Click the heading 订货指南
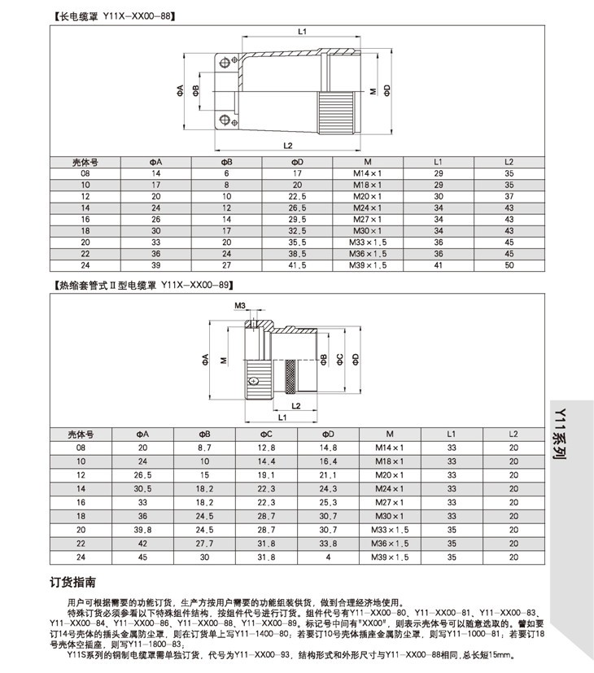pyautogui.click(x=74, y=583)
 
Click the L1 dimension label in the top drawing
pyautogui.click(x=301, y=32)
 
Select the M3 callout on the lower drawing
pyautogui.click(x=240, y=305)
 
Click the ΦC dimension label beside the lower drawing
pyautogui.click(x=339, y=359)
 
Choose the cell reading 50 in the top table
pyautogui.click(x=509, y=265)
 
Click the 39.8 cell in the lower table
pyautogui.click(x=142, y=529)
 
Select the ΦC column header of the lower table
pyautogui.click(x=267, y=435)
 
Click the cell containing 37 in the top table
pyautogui.click(x=509, y=196)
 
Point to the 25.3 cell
pyautogui.click(x=327, y=502)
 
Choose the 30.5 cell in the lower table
pyautogui.click(x=142, y=489)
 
